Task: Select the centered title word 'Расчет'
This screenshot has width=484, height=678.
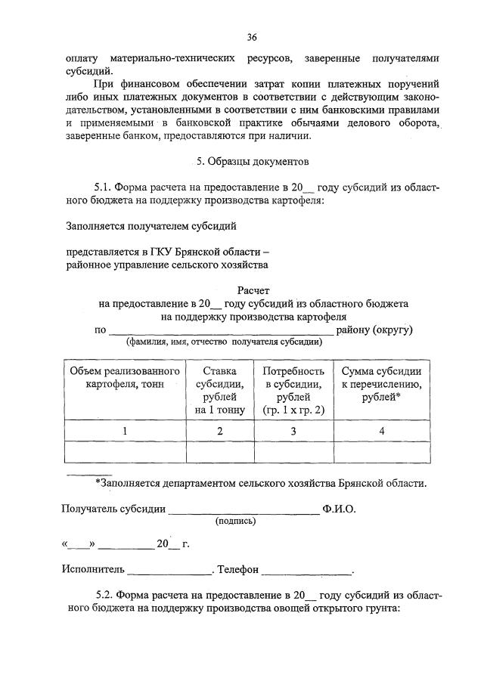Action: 253,290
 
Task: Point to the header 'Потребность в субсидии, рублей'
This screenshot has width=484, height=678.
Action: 293,391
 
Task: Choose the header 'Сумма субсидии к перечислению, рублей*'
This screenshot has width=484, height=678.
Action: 381,384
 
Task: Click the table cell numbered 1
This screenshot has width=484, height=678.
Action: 125,431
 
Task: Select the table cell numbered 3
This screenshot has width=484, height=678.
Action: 293,431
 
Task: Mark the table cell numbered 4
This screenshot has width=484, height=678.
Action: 381,431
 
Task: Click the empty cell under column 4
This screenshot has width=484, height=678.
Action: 381,451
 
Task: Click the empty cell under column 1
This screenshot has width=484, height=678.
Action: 125,451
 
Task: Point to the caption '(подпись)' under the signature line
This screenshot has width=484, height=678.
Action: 235,521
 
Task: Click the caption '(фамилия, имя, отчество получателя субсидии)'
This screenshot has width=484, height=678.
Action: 225,342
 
